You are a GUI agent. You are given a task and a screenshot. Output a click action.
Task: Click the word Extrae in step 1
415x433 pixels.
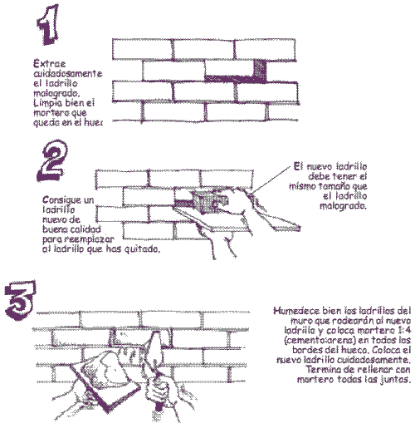[47, 63]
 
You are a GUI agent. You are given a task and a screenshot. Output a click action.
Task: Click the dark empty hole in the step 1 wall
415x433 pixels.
[260, 71]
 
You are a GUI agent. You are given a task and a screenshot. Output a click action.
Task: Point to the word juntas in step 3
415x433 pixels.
[393, 381]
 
